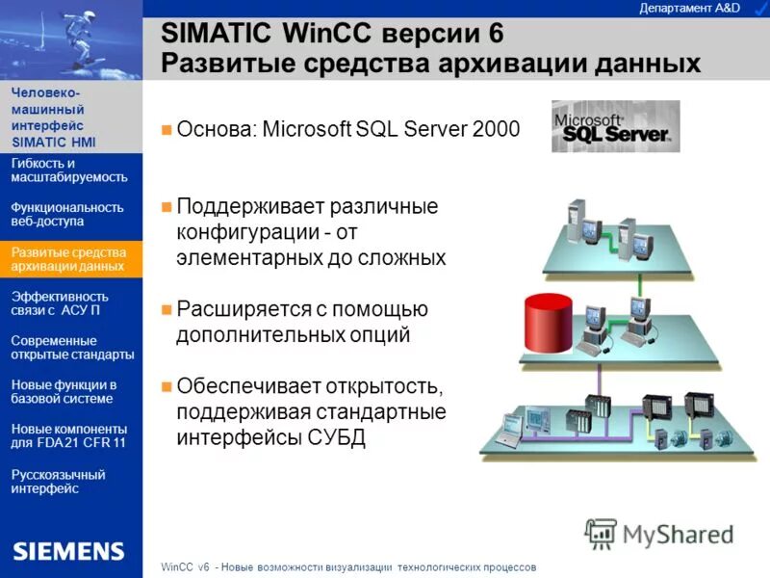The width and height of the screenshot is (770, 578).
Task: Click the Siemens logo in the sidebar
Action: tap(68, 551)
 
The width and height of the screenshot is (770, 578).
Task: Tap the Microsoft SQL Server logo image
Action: tap(615, 126)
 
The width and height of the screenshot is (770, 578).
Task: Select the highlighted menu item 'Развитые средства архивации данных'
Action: tap(68, 258)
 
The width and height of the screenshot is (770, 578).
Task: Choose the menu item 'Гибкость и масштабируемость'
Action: tap(68, 170)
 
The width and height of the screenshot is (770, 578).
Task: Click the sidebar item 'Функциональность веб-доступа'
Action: tap(66, 214)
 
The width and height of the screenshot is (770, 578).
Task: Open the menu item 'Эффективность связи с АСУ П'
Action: tap(59, 302)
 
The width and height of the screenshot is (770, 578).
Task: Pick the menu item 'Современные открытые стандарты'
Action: tap(71, 347)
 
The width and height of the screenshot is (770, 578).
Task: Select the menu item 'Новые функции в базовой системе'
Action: tap(64, 391)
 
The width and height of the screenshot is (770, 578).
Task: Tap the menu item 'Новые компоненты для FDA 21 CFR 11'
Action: tap(68, 435)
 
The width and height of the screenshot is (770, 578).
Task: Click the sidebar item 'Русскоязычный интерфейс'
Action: tap(58, 481)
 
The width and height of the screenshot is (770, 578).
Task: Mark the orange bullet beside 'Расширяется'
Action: tap(167, 310)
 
